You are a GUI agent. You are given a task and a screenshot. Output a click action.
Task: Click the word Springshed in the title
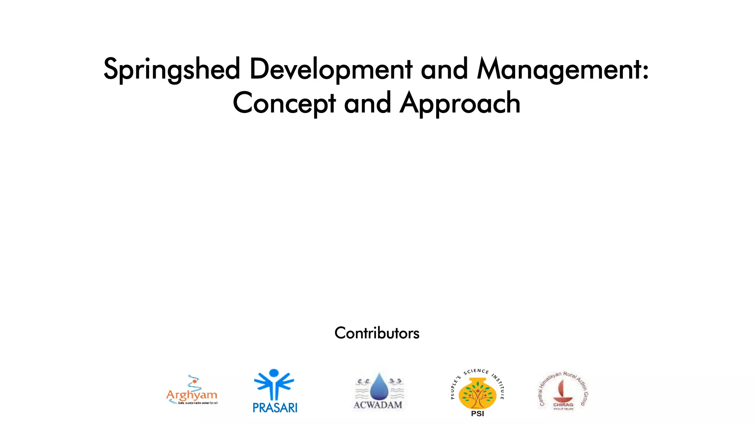click(x=172, y=69)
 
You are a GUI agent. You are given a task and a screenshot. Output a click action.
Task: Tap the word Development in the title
click(x=331, y=69)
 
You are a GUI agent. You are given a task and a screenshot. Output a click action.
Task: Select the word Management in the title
click(x=559, y=69)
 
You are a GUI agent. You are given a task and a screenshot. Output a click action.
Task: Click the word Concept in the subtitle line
click(x=284, y=103)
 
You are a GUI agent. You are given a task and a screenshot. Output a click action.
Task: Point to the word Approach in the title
click(x=460, y=103)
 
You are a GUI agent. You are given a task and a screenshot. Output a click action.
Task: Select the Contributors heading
click(x=377, y=333)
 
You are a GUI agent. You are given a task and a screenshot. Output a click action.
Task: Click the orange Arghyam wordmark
click(x=191, y=395)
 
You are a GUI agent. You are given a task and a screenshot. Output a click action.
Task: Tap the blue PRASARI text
click(x=275, y=408)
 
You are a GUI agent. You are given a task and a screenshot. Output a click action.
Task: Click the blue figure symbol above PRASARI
click(x=274, y=384)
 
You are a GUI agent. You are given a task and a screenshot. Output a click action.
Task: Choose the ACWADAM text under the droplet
click(x=378, y=405)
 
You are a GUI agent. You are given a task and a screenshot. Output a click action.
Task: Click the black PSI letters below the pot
click(x=478, y=414)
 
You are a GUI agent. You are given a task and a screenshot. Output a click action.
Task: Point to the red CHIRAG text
click(x=563, y=404)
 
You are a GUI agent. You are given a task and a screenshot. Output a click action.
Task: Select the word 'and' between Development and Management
click(x=444, y=69)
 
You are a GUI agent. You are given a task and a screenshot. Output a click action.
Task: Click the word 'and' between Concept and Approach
click(x=367, y=103)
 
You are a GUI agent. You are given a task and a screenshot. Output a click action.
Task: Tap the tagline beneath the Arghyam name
click(x=197, y=403)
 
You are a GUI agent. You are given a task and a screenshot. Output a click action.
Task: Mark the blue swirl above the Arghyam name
click(x=194, y=381)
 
